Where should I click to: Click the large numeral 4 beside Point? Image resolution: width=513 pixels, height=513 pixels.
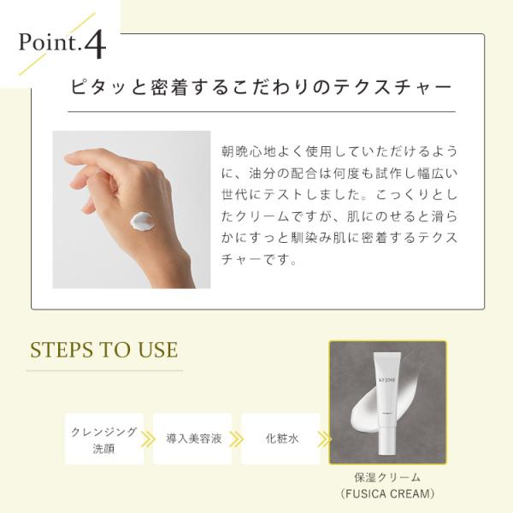click(x=95, y=44)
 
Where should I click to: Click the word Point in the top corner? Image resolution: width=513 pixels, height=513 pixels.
click(x=49, y=42)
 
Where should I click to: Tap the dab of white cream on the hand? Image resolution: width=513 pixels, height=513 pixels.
click(x=141, y=221)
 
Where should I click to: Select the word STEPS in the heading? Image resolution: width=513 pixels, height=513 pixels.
click(x=62, y=350)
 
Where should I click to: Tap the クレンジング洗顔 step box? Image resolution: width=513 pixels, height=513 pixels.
click(x=104, y=439)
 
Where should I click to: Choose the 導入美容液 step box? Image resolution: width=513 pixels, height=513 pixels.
click(x=192, y=439)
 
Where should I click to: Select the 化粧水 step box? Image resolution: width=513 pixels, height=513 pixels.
click(x=280, y=439)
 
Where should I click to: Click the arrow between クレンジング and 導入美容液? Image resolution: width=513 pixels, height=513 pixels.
click(x=148, y=439)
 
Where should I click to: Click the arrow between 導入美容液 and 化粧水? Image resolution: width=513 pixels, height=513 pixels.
click(x=236, y=439)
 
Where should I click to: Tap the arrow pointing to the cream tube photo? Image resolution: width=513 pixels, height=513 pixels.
click(x=325, y=439)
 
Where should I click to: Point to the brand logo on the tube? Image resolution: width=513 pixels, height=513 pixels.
click(x=387, y=380)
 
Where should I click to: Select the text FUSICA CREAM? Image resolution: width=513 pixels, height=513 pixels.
click(x=387, y=493)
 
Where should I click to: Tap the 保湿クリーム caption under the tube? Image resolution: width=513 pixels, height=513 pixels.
click(x=387, y=478)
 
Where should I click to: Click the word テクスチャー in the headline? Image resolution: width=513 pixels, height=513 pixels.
click(x=392, y=87)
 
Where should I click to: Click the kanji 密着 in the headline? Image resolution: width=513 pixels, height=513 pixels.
click(x=168, y=87)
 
